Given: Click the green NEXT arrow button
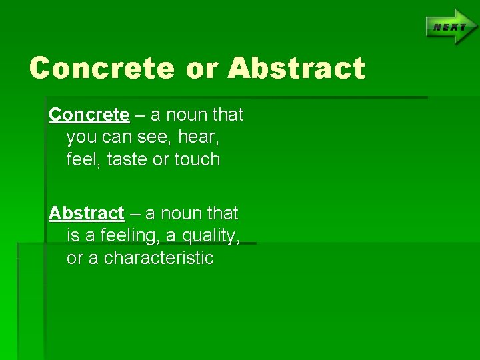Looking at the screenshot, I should click(x=451, y=27).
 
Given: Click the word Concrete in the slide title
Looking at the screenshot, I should click(x=102, y=69).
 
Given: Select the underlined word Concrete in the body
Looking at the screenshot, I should click(x=89, y=115).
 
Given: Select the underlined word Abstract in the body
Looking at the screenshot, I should click(x=87, y=214).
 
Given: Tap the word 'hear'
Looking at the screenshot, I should click(x=198, y=137).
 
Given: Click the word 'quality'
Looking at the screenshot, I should click(x=209, y=236).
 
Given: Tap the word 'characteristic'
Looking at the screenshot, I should click(x=159, y=258).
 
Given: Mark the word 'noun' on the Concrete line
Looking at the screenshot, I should click(x=187, y=115).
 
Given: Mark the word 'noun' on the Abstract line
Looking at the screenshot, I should click(x=181, y=214).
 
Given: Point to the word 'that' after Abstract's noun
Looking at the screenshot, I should click(x=223, y=214).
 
